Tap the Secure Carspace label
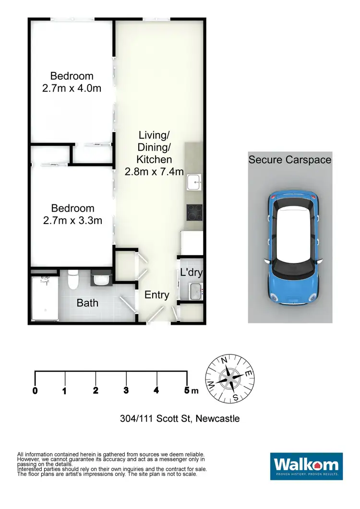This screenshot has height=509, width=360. click(x=290, y=160)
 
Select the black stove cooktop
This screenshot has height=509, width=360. click(x=194, y=211)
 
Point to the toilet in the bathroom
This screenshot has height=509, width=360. click(x=73, y=281)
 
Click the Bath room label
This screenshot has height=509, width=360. click(x=87, y=303)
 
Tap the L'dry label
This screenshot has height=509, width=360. click(x=191, y=272)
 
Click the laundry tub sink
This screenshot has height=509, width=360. click(x=195, y=291)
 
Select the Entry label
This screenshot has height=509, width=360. click(x=157, y=295)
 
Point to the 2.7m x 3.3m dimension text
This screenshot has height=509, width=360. click(x=72, y=221)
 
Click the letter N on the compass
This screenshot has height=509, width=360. click(x=223, y=361)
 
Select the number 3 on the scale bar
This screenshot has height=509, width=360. click(x=126, y=391)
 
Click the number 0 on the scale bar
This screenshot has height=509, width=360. click(x=35, y=391)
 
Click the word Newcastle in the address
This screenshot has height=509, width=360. click(x=217, y=419)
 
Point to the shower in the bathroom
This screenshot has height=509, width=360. click(x=45, y=297)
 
